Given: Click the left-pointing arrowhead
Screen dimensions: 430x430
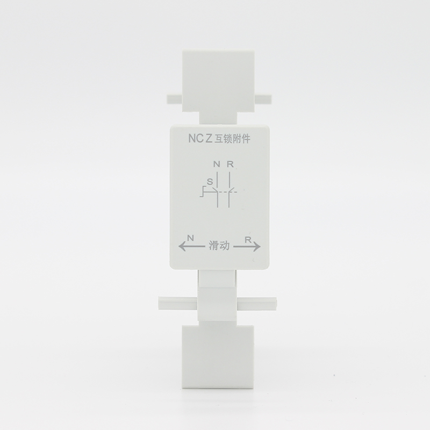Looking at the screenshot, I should pyautogui.click(x=182, y=247).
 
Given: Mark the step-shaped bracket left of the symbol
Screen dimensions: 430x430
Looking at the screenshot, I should pyautogui.click(x=203, y=191).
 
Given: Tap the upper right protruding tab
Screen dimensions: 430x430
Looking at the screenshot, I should pyautogui.click(x=263, y=99).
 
